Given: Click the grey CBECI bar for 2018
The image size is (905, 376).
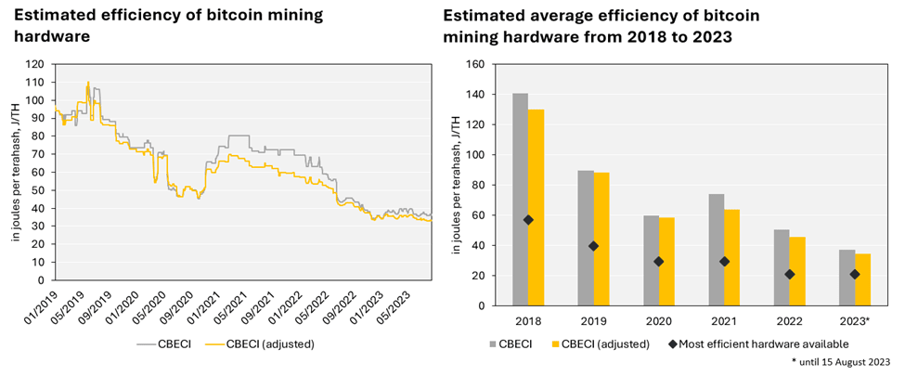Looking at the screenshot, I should pyautogui.click(x=520, y=200).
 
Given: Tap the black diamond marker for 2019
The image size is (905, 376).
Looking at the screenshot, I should pyautogui.click(x=594, y=246).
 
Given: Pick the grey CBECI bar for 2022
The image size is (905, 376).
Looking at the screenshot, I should pyautogui.click(x=782, y=267).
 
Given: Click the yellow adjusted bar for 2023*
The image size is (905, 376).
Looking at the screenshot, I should pyautogui.click(x=862, y=279).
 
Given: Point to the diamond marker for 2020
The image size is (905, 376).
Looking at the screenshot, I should pyautogui.click(x=659, y=261).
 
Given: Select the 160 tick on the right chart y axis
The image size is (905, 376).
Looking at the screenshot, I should pyautogui.click(x=475, y=65).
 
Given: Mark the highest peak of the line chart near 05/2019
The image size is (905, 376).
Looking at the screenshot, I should pyautogui.click(x=88, y=83).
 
